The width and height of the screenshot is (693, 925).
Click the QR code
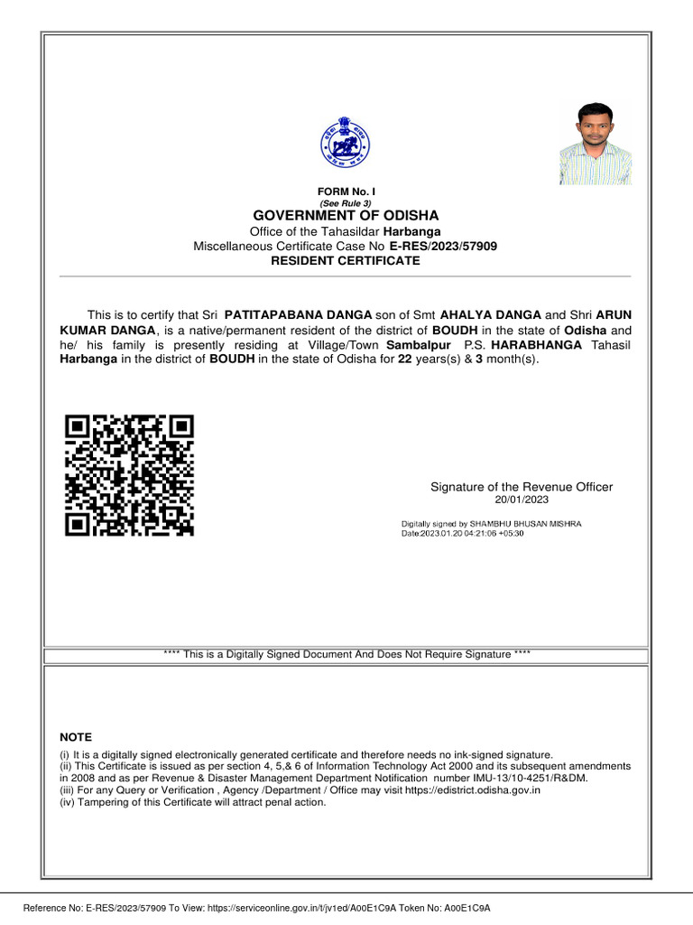(x=130, y=474)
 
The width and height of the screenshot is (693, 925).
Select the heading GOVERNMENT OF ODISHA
(x=346, y=216)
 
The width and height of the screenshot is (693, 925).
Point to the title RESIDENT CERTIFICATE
(x=346, y=260)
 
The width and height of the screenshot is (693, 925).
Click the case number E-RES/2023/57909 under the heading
(x=443, y=246)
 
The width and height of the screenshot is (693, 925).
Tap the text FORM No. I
(x=346, y=192)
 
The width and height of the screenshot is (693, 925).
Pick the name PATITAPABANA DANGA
(x=298, y=314)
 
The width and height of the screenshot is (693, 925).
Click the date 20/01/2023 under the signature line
(x=521, y=500)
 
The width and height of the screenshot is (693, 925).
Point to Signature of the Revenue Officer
(x=521, y=487)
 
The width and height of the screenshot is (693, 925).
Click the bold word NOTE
(x=76, y=737)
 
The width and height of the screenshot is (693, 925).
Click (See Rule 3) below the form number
(x=346, y=203)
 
